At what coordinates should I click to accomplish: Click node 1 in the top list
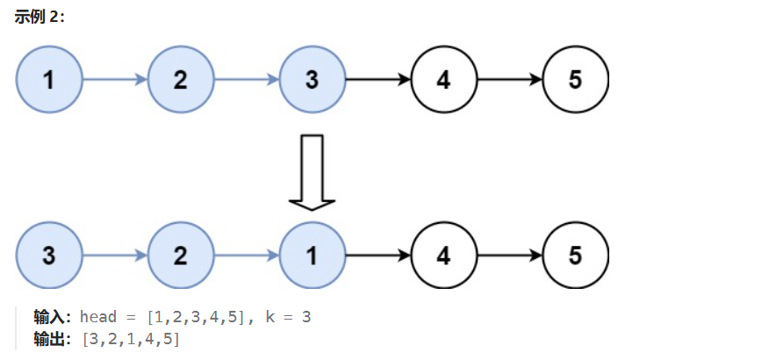[49, 80]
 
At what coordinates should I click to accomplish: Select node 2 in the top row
[181, 80]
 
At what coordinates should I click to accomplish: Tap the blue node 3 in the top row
[313, 80]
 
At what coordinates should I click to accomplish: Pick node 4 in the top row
[444, 80]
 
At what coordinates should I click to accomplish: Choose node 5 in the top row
[576, 80]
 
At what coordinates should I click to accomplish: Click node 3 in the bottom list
[49, 256]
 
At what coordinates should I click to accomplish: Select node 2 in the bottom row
[181, 256]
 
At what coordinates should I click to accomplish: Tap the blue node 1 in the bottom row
[313, 256]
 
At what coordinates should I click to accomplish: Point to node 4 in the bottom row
[444, 256]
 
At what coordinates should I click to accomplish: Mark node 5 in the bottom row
[576, 256]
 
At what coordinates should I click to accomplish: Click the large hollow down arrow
[313, 171]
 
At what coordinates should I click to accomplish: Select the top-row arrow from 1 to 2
[115, 80]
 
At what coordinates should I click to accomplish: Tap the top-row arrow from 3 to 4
[378, 80]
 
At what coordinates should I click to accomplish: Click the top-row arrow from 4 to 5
[510, 80]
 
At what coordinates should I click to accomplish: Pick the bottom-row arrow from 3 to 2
[115, 256]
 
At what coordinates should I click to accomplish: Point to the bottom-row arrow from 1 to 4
[378, 256]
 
